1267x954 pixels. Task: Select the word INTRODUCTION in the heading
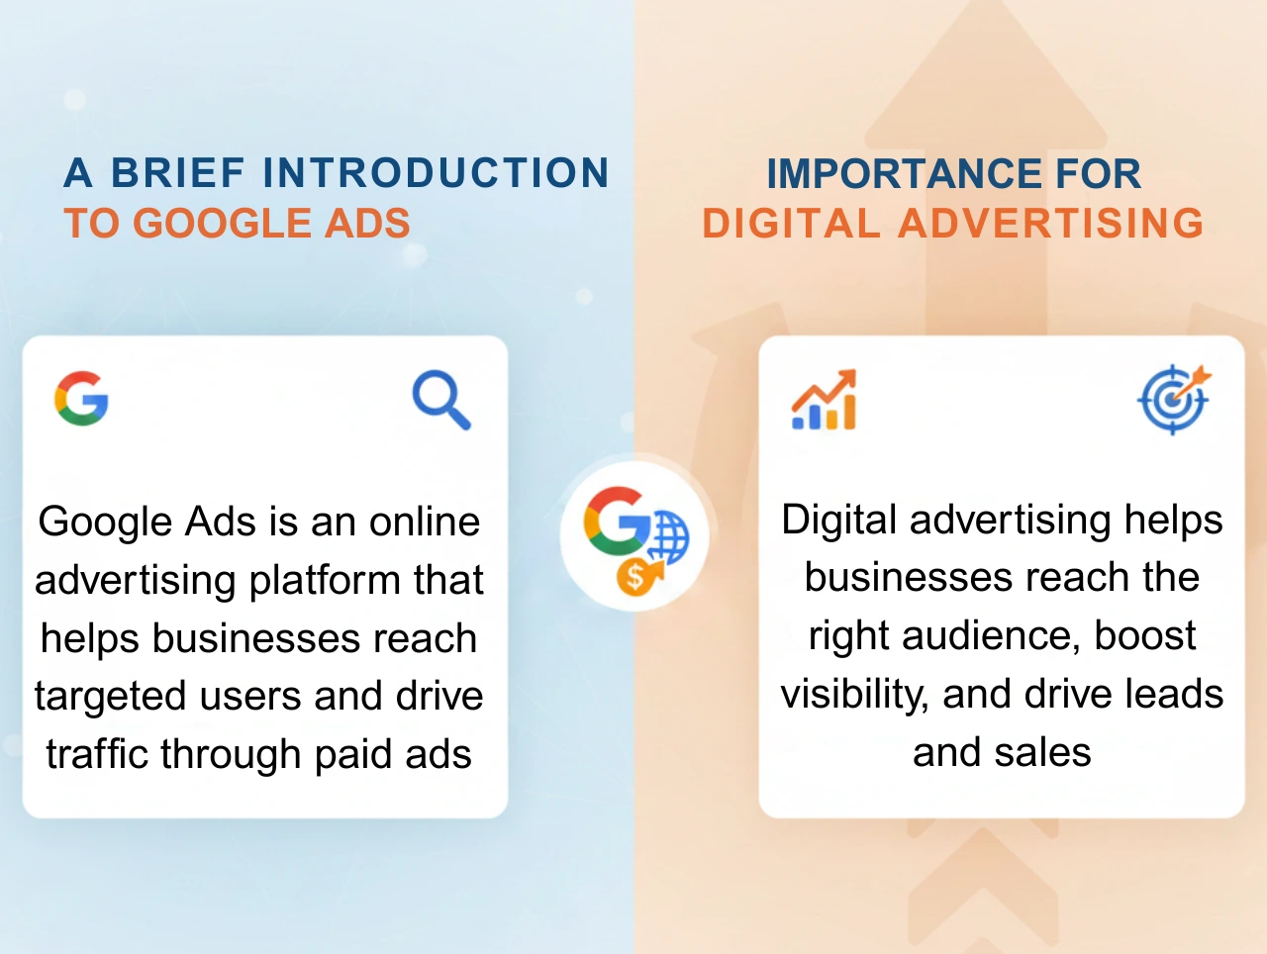(436, 173)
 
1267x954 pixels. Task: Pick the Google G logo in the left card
(81, 399)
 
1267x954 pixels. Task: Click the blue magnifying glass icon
(441, 400)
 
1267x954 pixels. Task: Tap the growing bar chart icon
(824, 401)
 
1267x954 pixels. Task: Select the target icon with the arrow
(1174, 399)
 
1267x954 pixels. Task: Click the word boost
(1145, 635)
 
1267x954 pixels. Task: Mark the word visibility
(853, 695)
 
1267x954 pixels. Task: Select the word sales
(1043, 752)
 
